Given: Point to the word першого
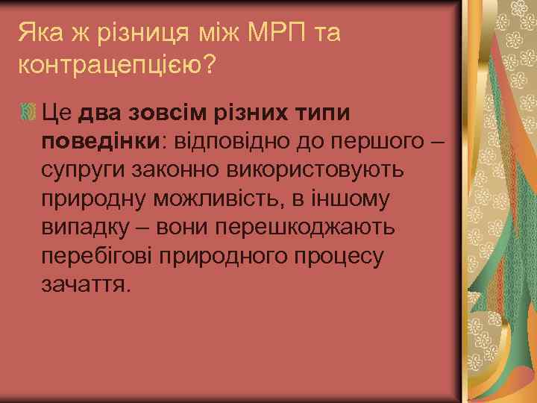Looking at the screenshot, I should (x=376, y=142).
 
